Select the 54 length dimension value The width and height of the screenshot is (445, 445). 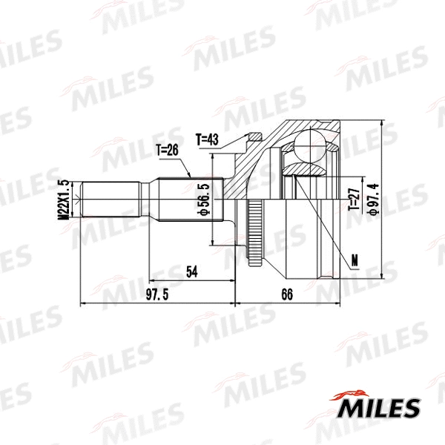(x=191, y=272)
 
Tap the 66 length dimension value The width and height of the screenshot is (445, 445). (x=288, y=295)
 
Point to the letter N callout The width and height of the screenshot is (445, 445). (x=354, y=259)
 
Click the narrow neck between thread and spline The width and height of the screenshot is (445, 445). (x=146, y=200)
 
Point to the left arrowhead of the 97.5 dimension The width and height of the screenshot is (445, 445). (x=82, y=304)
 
